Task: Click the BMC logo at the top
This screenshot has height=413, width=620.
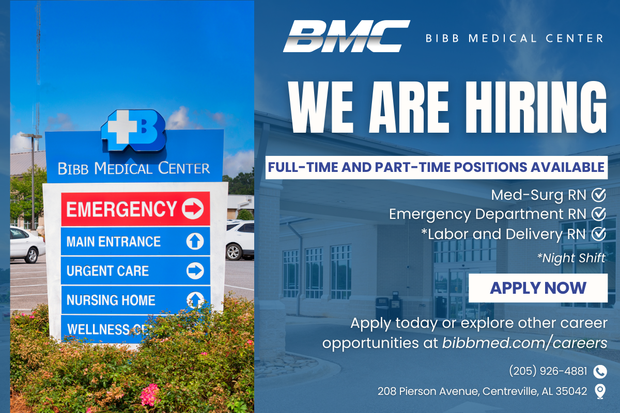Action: (x=346, y=36)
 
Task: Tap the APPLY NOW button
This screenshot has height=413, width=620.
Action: (x=538, y=288)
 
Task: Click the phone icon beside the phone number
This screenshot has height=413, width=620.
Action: (x=600, y=372)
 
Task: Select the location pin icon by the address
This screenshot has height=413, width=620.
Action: (x=600, y=391)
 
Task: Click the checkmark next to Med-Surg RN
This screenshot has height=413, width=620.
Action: (x=599, y=195)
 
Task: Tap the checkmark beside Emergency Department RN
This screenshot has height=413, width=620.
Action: (x=599, y=214)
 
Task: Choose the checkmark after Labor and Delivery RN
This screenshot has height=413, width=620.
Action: (x=599, y=234)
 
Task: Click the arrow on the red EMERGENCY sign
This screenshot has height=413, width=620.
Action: (x=193, y=209)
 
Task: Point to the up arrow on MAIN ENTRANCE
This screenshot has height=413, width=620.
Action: (x=195, y=241)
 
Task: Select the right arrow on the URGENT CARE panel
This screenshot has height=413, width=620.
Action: (x=195, y=271)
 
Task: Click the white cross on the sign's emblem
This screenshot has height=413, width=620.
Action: (x=122, y=126)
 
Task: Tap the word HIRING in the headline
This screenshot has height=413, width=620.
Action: (x=536, y=107)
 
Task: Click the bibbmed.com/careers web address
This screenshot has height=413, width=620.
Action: (x=524, y=343)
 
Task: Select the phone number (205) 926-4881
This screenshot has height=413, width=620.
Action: (x=548, y=371)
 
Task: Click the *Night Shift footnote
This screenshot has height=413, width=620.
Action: (x=571, y=258)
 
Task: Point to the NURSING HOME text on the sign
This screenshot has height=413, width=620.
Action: (x=111, y=300)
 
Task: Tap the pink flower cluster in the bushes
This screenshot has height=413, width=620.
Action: (x=150, y=395)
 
